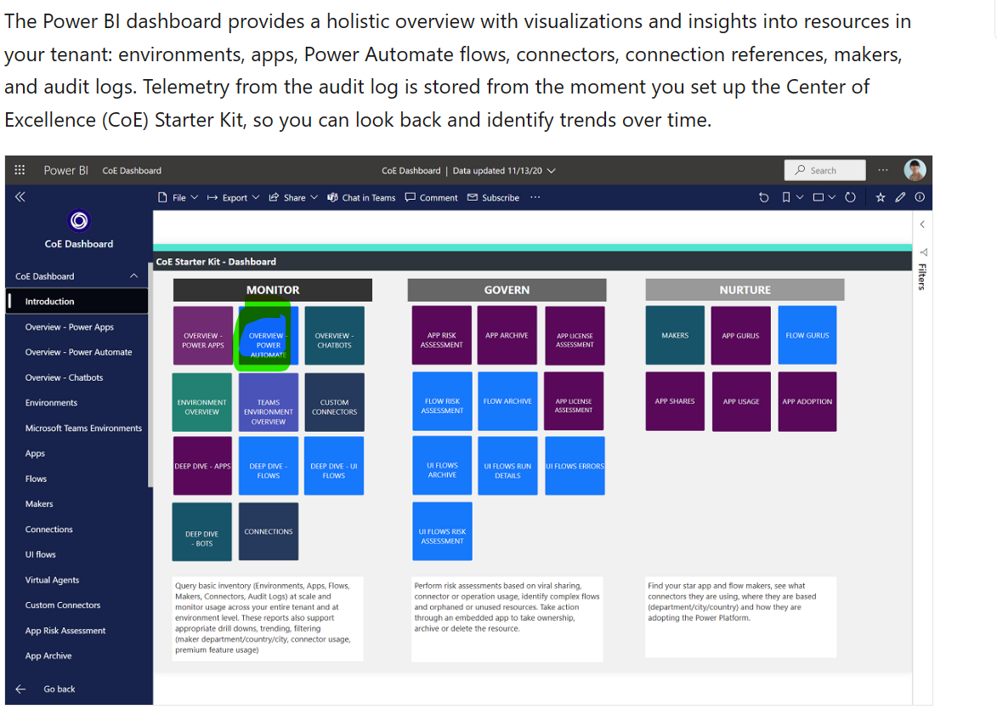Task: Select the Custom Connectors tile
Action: (x=334, y=406)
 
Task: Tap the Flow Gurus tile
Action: (x=807, y=335)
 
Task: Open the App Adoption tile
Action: (x=807, y=401)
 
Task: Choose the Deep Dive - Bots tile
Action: (x=201, y=532)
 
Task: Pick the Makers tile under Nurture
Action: (x=675, y=335)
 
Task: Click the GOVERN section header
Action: (x=507, y=290)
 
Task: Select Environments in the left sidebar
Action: (x=51, y=403)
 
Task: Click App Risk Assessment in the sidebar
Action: (x=65, y=631)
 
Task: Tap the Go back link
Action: (x=59, y=689)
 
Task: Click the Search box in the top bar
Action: (x=824, y=170)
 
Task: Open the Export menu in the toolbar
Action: (x=234, y=198)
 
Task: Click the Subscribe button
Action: (x=494, y=198)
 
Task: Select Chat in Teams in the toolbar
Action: (x=361, y=198)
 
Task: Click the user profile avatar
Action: (x=915, y=170)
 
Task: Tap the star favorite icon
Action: (x=881, y=198)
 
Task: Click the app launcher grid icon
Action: (x=20, y=170)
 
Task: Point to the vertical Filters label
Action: (x=922, y=276)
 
